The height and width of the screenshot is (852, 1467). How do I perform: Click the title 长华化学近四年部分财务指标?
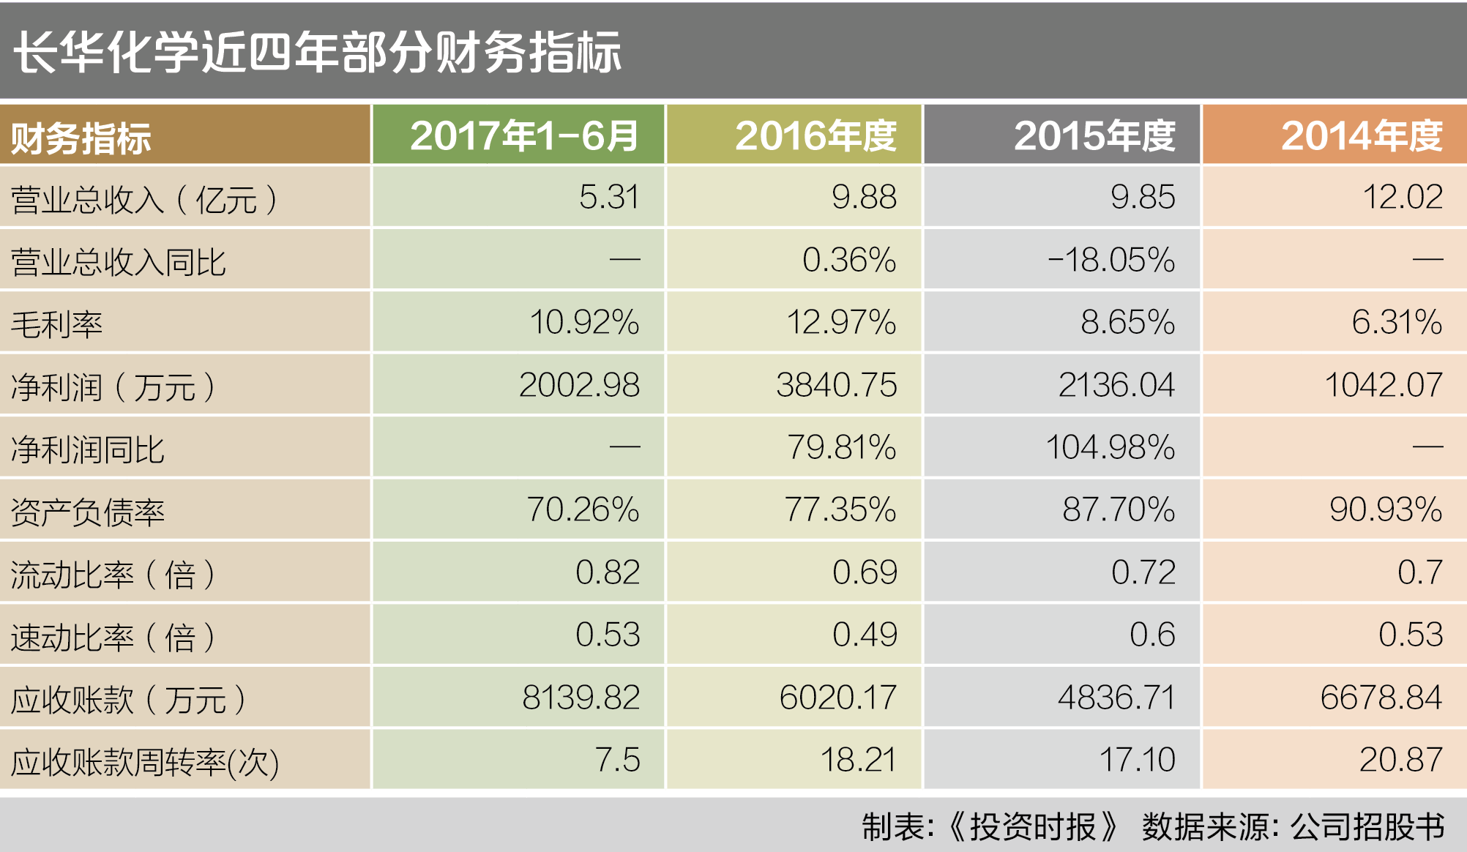coord(317,53)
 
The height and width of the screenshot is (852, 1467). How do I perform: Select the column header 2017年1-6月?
coord(524,136)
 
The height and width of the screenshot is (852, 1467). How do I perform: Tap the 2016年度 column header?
coord(815,136)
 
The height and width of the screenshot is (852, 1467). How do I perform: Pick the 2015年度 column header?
coord(1094,136)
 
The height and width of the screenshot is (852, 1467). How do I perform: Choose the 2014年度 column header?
coord(1362,136)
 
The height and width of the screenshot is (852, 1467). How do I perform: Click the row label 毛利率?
coord(57,324)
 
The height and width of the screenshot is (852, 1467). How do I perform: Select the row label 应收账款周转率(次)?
coord(145,762)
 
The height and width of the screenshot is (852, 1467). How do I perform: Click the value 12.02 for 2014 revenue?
coord(1402,197)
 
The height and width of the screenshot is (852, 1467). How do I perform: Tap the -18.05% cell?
coord(1110,260)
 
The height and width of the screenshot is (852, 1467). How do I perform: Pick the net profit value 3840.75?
coord(836,385)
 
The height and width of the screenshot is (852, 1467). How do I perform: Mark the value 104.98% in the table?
coord(1110,447)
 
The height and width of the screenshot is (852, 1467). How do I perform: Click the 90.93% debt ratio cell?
coord(1385,509)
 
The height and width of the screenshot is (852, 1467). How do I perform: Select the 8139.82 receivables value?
coord(581,697)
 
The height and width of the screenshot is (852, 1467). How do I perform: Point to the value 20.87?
coord(1400,760)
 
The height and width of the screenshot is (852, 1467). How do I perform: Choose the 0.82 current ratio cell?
coord(607,572)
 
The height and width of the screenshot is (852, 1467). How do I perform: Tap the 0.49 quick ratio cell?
coord(864,635)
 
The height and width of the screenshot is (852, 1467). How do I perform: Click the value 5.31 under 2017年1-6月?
coord(608,197)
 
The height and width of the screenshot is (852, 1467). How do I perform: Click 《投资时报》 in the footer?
coord(1032,827)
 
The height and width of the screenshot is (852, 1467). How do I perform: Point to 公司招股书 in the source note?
coord(1367,827)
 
